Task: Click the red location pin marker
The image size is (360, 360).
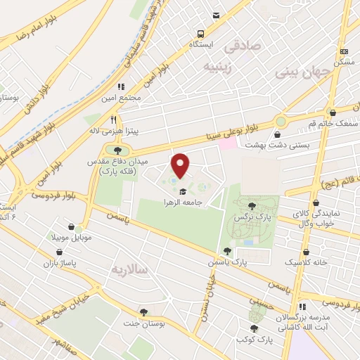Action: pos(181,165)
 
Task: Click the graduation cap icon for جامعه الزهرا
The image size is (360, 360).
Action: pos(183,191)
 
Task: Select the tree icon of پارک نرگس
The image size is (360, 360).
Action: pos(252,205)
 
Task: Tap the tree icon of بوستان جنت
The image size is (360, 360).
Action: pos(144,311)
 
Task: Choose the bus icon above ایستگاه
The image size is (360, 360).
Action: pos(201,33)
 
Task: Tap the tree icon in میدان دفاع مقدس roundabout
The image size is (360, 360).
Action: pos(117,150)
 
